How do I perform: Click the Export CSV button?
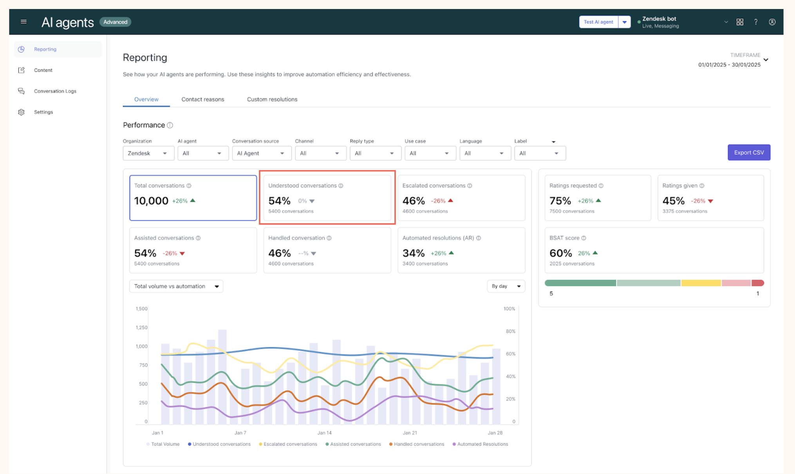point(749,152)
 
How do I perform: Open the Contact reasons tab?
point(202,100)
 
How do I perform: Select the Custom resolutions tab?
point(272,100)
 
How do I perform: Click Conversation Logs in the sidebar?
point(55,91)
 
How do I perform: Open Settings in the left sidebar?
point(43,112)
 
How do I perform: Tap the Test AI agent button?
point(598,22)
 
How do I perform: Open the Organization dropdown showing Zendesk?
point(148,153)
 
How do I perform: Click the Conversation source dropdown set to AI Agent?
point(261,153)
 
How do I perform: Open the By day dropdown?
point(506,286)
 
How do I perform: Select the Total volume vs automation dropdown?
point(176,286)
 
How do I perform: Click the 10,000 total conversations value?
point(151,201)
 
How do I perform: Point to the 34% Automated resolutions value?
point(414,253)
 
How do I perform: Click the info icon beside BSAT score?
point(584,238)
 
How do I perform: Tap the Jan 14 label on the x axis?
point(324,433)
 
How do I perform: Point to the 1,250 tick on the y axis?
point(141,327)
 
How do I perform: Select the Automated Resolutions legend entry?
point(480,444)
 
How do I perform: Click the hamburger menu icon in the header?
point(23,22)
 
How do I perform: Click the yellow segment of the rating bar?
point(701,283)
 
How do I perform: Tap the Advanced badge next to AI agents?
point(115,22)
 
